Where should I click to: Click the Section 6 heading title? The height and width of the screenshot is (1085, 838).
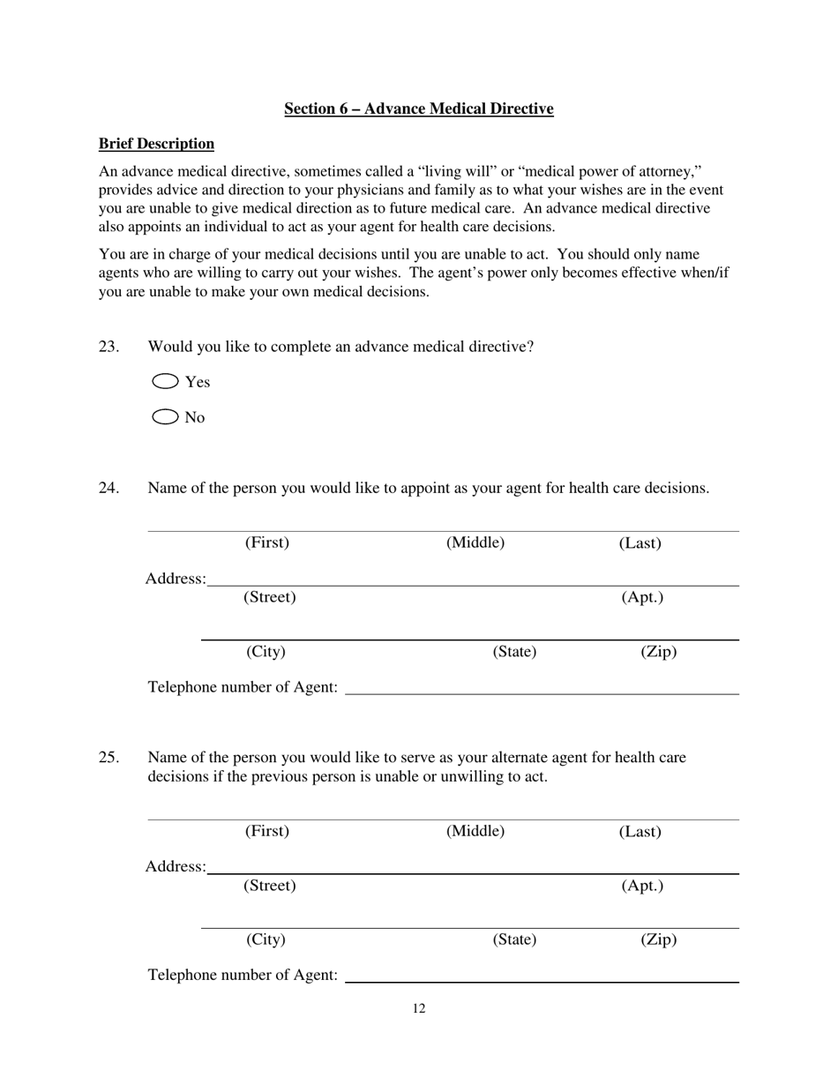click(x=418, y=108)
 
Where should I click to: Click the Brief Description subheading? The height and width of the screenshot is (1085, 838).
click(x=156, y=144)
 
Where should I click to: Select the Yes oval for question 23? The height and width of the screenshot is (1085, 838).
click(x=166, y=381)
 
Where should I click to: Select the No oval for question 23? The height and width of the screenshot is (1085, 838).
click(x=166, y=417)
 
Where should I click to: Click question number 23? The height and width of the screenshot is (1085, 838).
click(x=108, y=347)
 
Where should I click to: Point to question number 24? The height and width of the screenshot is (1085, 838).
click(x=108, y=488)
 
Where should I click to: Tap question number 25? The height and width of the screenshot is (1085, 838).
click(x=108, y=758)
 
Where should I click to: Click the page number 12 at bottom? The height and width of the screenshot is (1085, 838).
click(x=419, y=1009)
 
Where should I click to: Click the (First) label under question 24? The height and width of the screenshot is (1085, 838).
click(x=266, y=542)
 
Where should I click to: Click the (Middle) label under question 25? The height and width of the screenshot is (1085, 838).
click(x=475, y=831)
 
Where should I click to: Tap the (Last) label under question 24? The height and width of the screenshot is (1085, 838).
click(x=640, y=543)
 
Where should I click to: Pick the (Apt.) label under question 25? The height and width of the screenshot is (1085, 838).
click(x=642, y=886)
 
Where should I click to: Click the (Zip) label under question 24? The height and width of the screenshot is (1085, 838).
click(x=658, y=652)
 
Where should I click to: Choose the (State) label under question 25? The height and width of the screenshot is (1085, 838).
click(x=514, y=939)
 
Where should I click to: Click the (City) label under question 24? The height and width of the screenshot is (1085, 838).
click(x=266, y=652)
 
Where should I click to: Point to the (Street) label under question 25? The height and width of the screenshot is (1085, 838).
click(x=269, y=886)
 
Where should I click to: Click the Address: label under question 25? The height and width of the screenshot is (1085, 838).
click(x=176, y=867)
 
